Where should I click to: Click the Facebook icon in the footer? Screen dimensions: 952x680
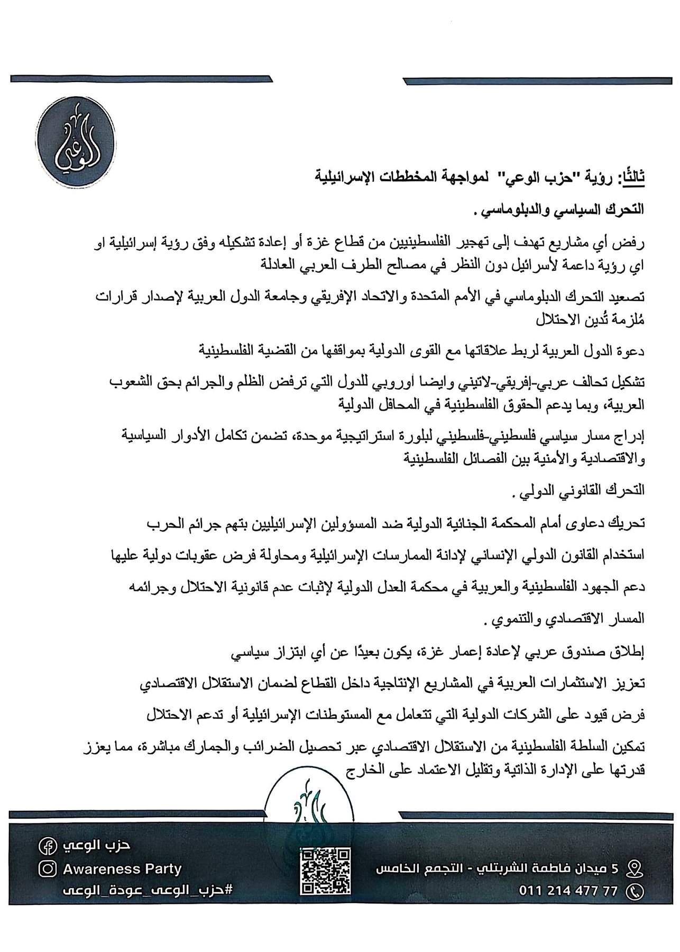tap(47, 846)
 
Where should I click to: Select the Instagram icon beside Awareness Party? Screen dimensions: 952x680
tap(48, 868)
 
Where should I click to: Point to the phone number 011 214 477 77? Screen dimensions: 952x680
tap(568, 891)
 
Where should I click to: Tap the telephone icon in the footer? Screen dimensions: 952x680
tap(634, 892)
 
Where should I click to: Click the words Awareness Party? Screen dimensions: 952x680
tap(122, 868)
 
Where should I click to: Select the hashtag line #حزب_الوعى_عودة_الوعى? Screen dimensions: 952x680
tap(147, 891)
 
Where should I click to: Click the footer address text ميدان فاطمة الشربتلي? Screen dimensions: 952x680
tap(508, 868)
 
